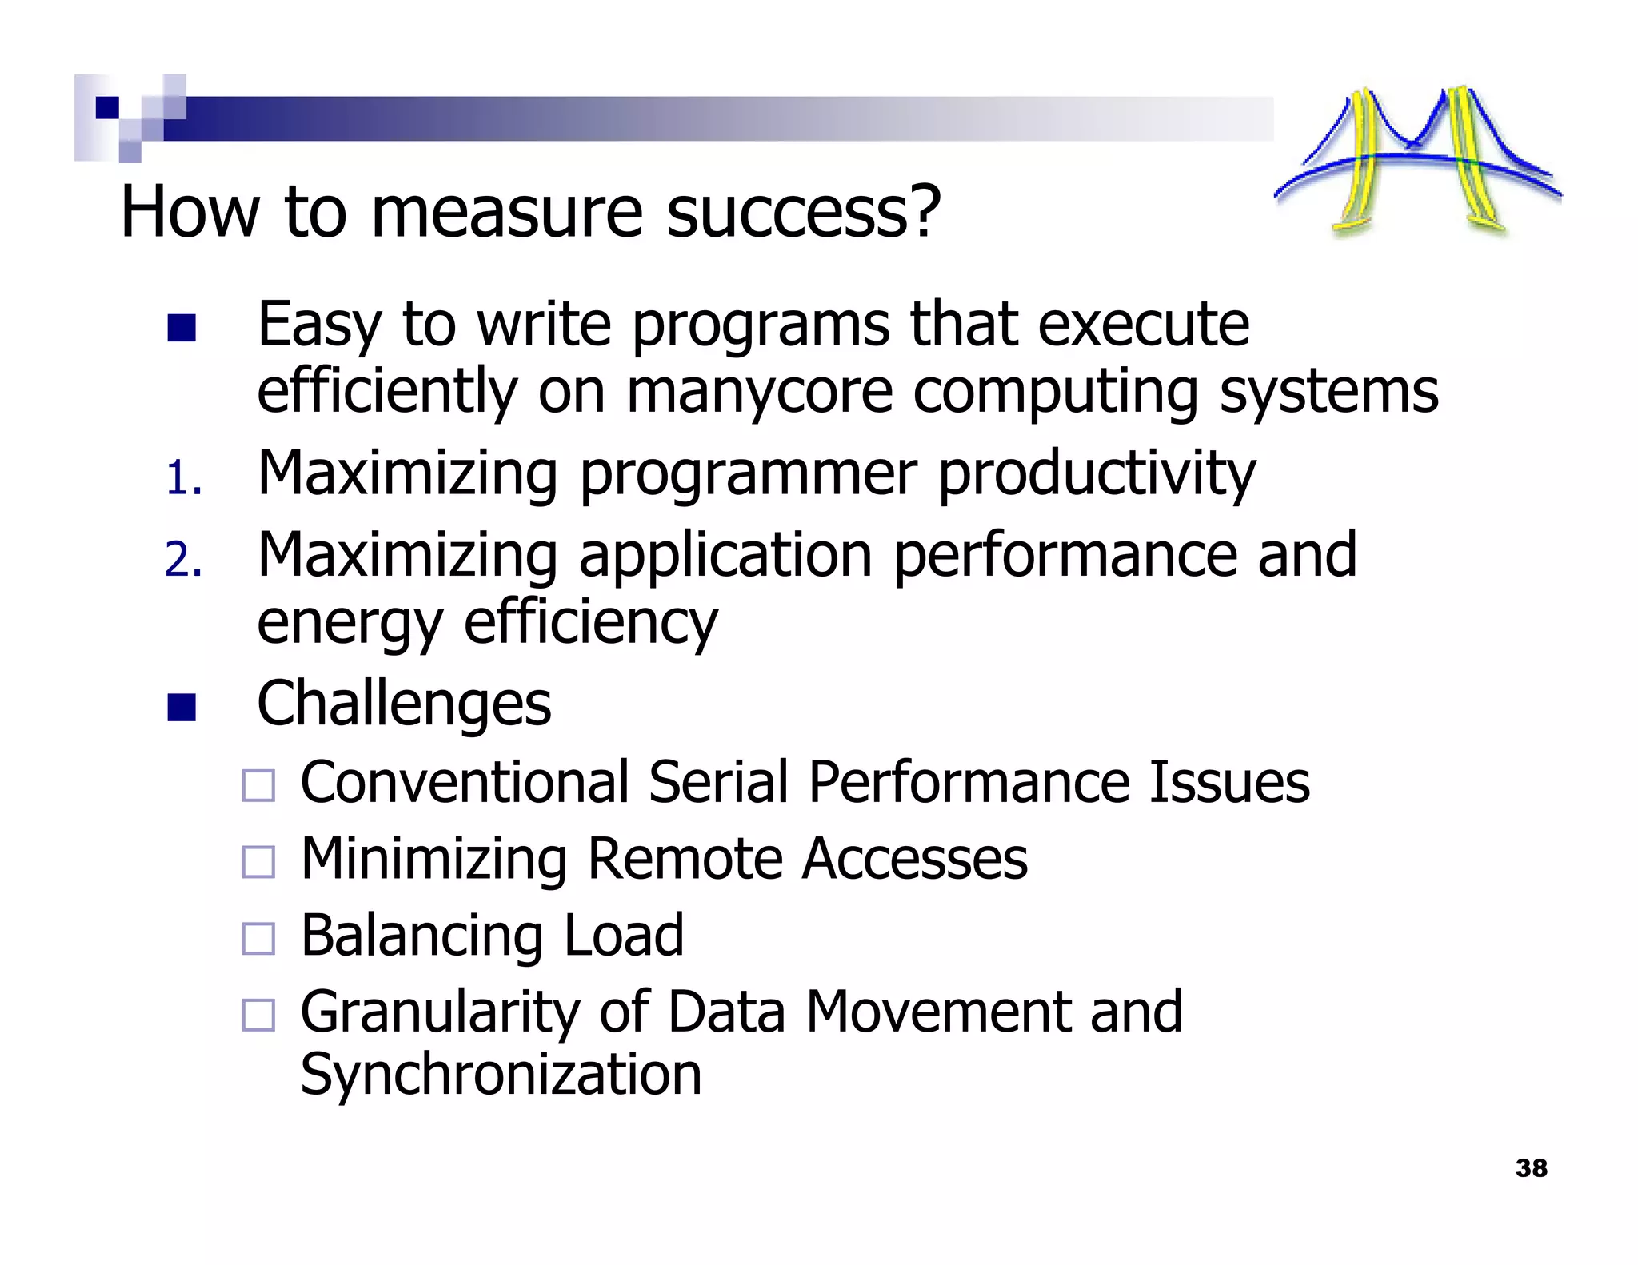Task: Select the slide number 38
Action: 1531,1168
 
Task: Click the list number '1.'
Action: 184,479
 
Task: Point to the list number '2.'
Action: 184,559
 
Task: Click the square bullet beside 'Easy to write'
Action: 182,328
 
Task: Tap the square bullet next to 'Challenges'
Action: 182,707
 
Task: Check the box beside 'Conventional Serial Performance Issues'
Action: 258,785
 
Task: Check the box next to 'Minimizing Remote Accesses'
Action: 258,862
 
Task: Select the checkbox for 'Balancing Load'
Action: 258,939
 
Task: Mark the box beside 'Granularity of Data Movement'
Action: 258,1015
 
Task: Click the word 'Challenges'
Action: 404,704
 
